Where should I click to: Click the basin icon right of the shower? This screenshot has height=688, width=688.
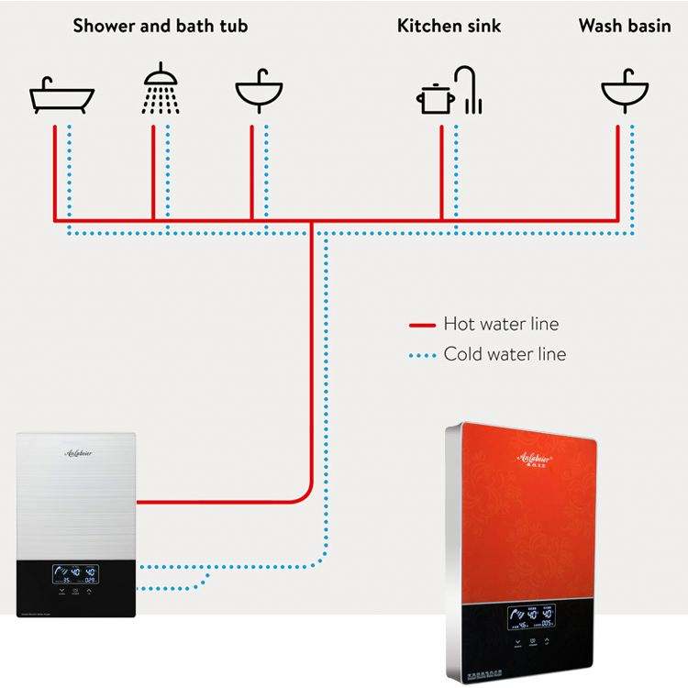[x=259, y=92]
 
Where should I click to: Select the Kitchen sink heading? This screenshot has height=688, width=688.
[x=449, y=26]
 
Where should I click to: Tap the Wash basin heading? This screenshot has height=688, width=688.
[x=625, y=26]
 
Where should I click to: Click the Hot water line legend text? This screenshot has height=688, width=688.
[x=500, y=324]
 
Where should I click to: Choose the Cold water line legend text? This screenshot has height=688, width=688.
[x=505, y=353]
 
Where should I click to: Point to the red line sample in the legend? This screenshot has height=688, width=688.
[x=421, y=325]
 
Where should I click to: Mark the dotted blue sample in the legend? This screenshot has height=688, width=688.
[x=421, y=354]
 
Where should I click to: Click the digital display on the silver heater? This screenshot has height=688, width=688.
[x=75, y=575]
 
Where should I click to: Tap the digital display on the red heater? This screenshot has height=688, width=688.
[x=535, y=617]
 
